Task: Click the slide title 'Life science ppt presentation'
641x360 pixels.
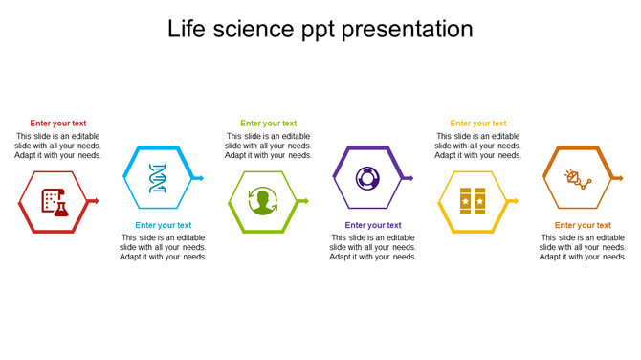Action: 320,30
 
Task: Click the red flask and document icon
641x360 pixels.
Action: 55,201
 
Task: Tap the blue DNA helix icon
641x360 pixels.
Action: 158,178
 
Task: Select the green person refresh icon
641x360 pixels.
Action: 262,202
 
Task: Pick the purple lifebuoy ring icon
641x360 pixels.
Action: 367,178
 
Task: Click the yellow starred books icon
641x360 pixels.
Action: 473,201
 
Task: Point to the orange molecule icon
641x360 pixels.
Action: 577,178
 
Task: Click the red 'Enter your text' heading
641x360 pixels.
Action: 57,124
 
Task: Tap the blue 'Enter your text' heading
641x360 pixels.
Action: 163,226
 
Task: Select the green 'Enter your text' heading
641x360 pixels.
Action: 268,124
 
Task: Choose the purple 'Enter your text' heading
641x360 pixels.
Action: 373,226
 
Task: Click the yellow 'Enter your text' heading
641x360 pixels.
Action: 478,124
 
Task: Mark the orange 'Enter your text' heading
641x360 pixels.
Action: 583,226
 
